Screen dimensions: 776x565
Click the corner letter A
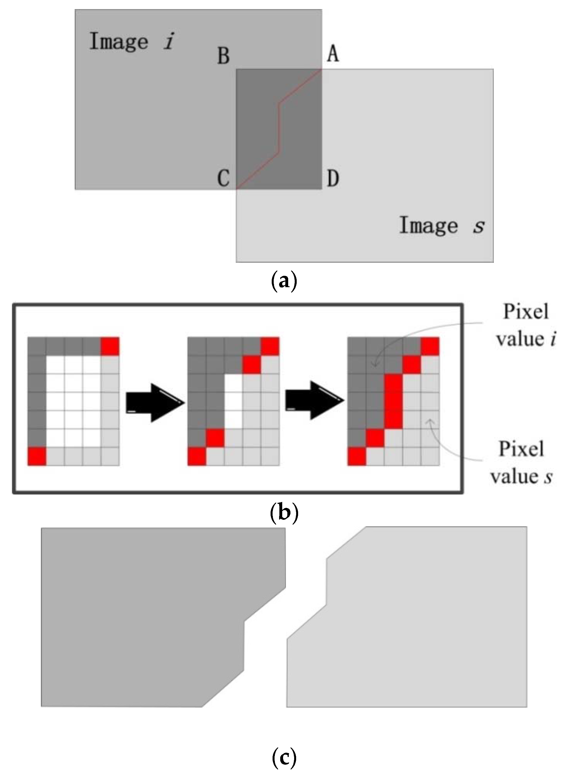tap(333, 54)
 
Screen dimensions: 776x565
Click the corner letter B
tap(224, 56)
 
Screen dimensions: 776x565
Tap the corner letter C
tap(224, 179)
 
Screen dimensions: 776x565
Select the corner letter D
tap(333, 179)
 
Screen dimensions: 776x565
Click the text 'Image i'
tap(132, 41)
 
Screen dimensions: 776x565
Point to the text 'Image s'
tap(441, 226)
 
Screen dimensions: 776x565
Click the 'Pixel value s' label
tap(521, 462)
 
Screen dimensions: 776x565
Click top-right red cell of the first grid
tap(110, 346)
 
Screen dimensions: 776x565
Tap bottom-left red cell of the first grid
tap(37, 456)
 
